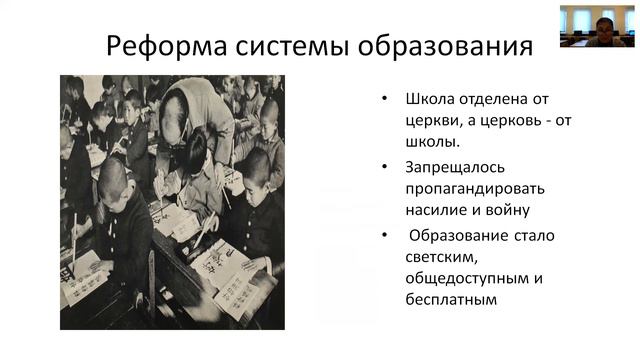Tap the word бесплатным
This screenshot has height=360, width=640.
tap(451, 299)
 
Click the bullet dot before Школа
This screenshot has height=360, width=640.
tap(386, 99)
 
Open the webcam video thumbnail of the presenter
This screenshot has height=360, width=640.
tap(597, 25)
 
